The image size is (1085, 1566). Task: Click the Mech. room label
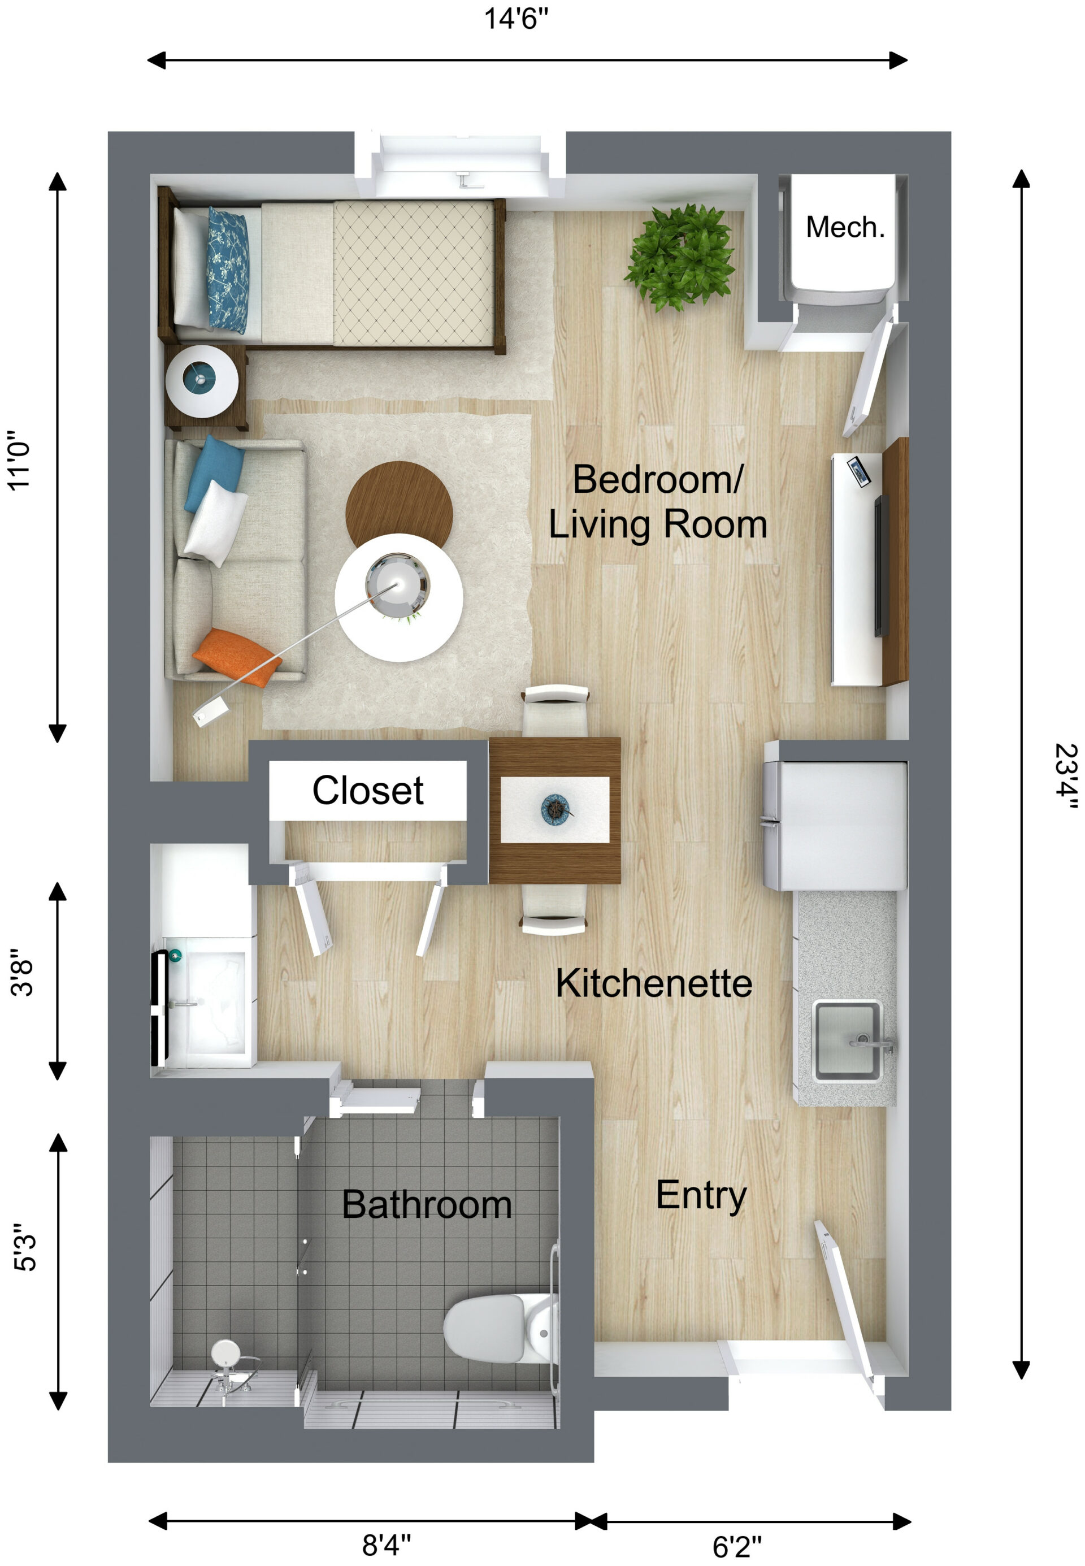845,228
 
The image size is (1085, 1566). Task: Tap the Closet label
368,791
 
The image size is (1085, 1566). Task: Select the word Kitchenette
653,983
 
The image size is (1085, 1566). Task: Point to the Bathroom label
426,1205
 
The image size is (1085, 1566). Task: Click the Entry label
701,1196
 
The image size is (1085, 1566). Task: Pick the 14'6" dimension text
516,19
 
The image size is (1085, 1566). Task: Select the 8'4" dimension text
386,1545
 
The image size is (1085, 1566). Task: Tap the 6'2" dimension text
737,1546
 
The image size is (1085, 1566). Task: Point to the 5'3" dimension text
25,1247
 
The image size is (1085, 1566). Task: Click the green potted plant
680,257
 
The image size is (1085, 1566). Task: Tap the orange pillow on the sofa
236,656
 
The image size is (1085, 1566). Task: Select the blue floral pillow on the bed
228,270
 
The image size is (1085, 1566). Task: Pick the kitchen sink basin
847,1039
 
